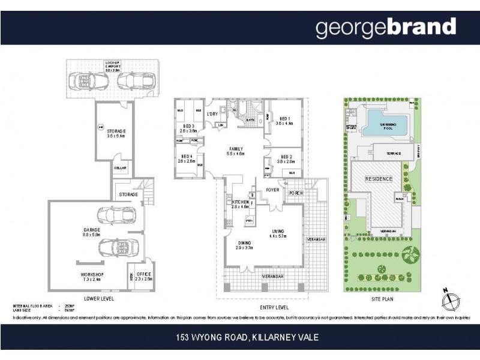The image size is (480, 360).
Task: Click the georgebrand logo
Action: point(386,28)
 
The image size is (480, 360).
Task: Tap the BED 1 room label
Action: point(283,120)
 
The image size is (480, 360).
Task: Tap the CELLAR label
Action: point(120,169)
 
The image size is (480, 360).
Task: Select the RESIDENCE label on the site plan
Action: point(379,179)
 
